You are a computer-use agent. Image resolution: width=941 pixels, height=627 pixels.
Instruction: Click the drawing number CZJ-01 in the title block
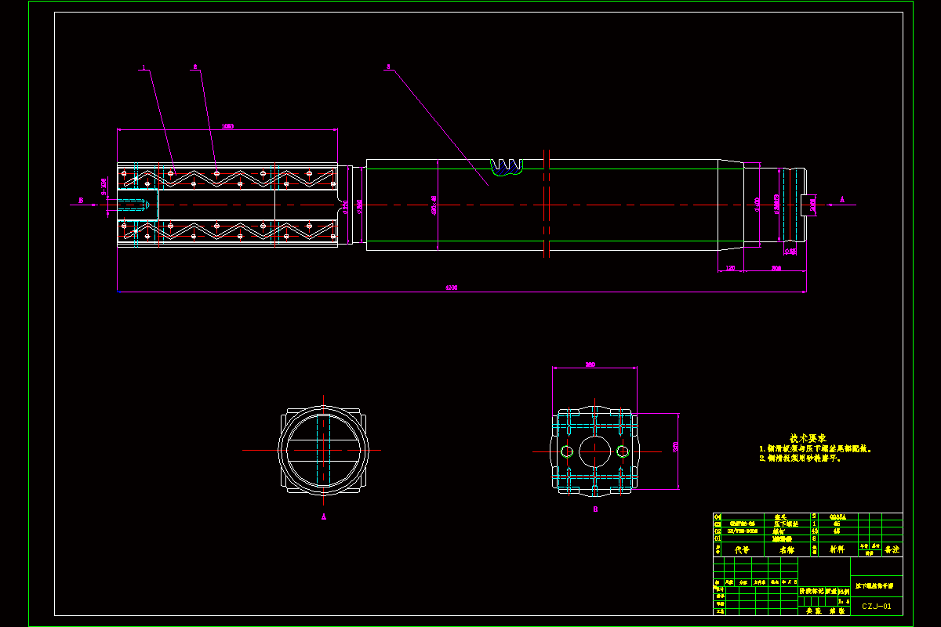pyautogui.click(x=877, y=606)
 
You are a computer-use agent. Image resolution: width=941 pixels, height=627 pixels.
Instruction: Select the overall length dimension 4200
pyautogui.click(x=451, y=288)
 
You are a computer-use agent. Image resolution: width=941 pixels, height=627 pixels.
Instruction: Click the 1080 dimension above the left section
pyautogui.click(x=227, y=125)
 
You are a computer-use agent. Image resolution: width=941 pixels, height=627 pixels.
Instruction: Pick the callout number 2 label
pyautogui.click(x=194, y=67)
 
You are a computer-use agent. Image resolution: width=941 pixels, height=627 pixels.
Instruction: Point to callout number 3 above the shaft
pyautogui.click(x=387, y=67)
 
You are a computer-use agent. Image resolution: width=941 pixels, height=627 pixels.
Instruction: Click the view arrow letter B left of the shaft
pyautogui.click(x=81, y=201)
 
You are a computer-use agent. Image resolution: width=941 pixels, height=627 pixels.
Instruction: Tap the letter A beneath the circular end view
pyautogui.click(x=323, y=516)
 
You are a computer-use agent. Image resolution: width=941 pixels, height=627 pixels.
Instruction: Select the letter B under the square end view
pyautogui.click(x=595, y=509)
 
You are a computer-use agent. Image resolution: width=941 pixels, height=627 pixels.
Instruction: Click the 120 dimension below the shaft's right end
pyautogui.click(x=730, y=269)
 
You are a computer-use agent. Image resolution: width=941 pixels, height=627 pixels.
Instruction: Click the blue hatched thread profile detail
pyautogui.click(x=506, y=167)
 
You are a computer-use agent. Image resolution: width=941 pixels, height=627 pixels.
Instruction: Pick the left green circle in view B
pyautogui.click(x=567, y=451)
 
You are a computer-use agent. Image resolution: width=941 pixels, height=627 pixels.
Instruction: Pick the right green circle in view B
pyautogui.click(x=623, y=451)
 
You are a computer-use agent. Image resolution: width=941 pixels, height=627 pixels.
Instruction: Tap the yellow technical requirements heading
pyautogui.click(x=808, y=437)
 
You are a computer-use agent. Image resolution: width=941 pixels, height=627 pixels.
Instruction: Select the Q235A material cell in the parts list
pyautogui.click(x=837, y=516)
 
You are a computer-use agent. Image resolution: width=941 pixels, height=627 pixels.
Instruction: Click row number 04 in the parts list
pyautogui.click(x=717, y=516)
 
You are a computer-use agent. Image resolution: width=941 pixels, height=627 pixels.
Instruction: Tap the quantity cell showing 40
pyautogui.click(x=814, y=531)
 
